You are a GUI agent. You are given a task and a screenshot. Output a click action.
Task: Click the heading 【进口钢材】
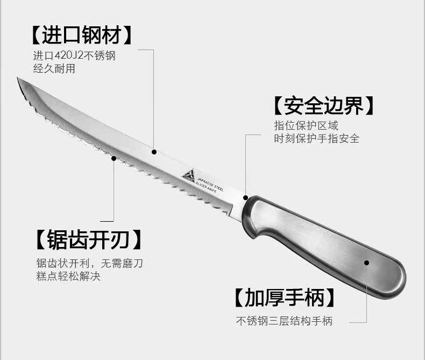point(81,34)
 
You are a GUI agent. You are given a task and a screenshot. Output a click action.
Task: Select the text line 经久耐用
point(54,68)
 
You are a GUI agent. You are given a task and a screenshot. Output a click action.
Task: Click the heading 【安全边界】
point(323,105)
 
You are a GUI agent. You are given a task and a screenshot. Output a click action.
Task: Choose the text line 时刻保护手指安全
point(316,138)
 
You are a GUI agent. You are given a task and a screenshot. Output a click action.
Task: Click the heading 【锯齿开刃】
point(89,239)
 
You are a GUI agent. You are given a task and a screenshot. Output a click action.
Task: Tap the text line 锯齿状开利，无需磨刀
point(89,264)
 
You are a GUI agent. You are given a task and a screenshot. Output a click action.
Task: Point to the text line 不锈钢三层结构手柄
point(284,321)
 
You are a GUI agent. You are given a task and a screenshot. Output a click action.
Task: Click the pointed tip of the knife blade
point(19,80)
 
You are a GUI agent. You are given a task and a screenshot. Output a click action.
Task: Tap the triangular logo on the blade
point(188,175)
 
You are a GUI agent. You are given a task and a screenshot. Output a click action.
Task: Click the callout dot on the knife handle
point(367,263)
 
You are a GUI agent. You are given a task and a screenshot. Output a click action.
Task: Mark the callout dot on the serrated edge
point(114,158)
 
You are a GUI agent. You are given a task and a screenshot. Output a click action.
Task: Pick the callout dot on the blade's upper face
point(154,152)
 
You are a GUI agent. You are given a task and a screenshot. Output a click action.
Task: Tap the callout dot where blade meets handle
point(246,197)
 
